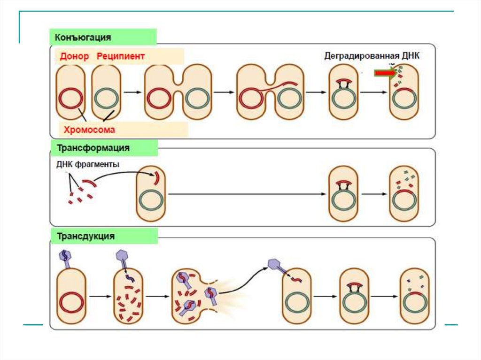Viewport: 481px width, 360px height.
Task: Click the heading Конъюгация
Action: (x=83, y=37)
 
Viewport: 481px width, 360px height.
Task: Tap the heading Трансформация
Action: (x=93, y=148)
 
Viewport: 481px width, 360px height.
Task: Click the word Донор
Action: (x=74, y=56)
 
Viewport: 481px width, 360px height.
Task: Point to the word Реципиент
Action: (x=121, y=56)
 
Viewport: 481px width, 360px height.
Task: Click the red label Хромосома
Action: (x=90, y=129)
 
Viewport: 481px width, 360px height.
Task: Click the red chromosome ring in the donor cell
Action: (x=71, y=99)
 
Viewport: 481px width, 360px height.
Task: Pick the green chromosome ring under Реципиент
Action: (x=107, y=99)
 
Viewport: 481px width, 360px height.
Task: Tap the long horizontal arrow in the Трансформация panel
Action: (x=247, y=194)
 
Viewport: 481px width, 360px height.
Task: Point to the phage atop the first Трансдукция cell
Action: (x=65, y=258)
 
